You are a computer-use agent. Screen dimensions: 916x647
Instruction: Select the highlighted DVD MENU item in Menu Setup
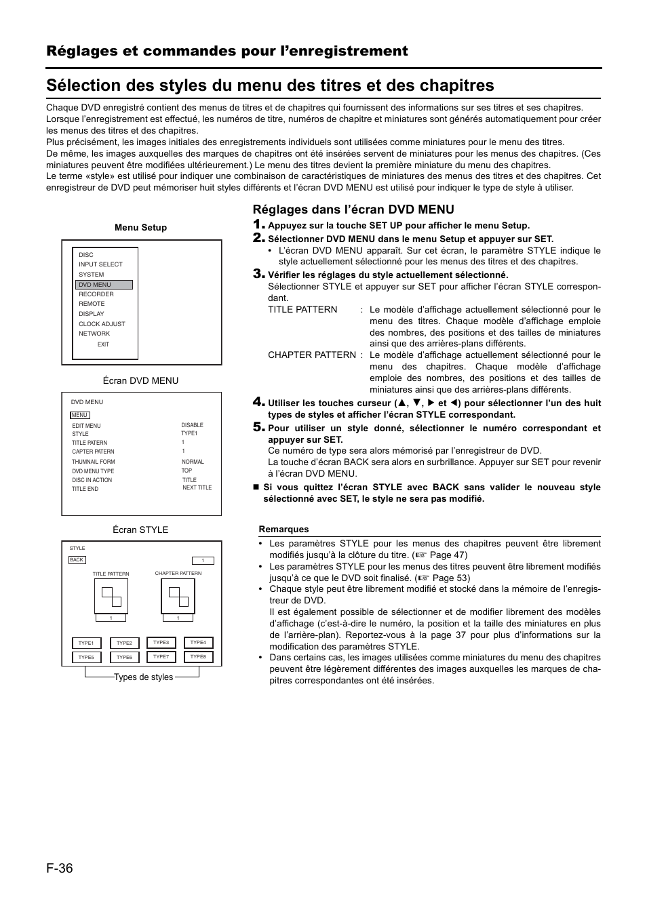tap(104, 285)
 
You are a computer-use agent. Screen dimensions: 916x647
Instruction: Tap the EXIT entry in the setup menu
tap(103, 344)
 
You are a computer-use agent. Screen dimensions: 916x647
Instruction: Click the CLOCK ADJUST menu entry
tap(102, 324)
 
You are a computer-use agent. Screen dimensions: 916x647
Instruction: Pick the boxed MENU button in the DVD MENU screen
tap(79, 415)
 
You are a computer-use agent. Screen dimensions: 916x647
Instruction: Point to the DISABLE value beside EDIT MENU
tap(192, 425)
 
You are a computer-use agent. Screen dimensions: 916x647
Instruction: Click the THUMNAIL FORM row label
tap(94, 462)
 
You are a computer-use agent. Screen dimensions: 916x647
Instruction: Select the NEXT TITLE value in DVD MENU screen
tap(197, 487)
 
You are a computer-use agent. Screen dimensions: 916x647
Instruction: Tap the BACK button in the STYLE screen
tap(77, 560)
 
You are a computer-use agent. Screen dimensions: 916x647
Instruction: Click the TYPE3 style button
tap(161, 642)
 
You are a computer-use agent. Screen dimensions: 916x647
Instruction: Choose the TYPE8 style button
tap(198, 656)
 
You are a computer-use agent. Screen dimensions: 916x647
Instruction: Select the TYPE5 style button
tap(86, 657)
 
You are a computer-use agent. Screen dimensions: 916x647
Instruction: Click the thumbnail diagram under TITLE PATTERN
tap(111, 596)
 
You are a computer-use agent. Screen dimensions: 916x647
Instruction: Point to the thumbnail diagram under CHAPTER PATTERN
tap(178, 596)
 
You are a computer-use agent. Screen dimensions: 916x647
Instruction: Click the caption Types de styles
tap(143, 677)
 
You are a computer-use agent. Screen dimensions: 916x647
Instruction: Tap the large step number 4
tap(258, 402)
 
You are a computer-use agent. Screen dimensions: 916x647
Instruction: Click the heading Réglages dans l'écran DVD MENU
tap(353, 210)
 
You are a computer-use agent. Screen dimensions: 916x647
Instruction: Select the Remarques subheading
tap(283, 530)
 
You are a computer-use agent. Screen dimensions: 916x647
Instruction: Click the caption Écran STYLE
tap(140, 530)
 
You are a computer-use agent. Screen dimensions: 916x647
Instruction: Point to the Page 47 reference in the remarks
tap(448, 555)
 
